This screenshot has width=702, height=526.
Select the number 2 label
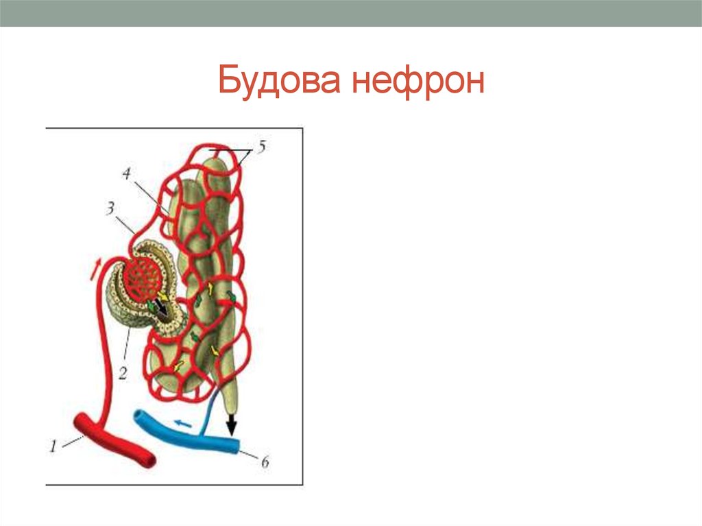123,373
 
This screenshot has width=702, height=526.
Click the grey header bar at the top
351,13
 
